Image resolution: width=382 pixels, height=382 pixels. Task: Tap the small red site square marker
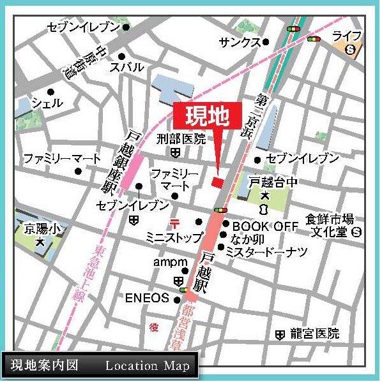217,182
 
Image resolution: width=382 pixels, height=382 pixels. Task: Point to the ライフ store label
348,35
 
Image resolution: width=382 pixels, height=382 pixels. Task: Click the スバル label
126,66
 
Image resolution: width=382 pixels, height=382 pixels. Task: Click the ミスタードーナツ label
266,253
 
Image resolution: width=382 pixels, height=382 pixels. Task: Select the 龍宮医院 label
315,334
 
